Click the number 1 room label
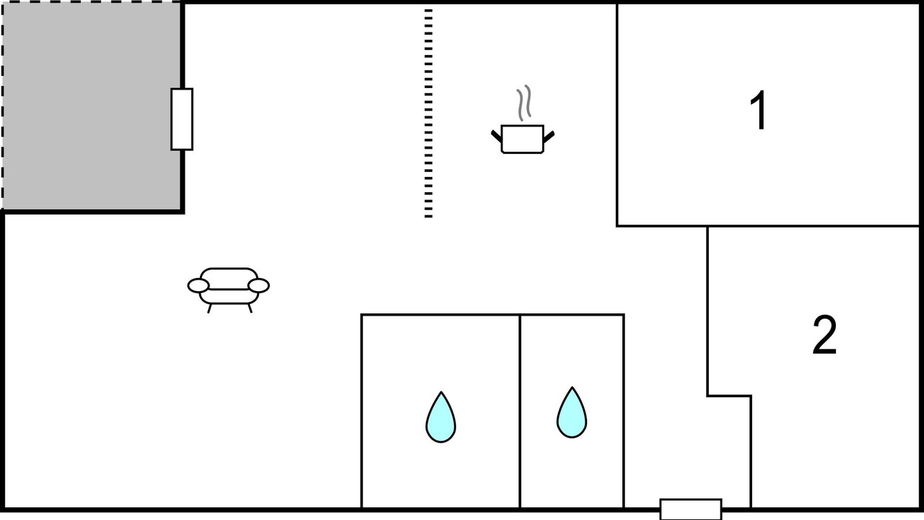(758, 112)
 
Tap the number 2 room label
(824, 336)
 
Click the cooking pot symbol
(522, 139)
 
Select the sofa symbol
(228, 286)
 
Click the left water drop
(440, 418)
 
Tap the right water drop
(572, 414)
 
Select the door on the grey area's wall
(182, 119)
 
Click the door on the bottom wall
(691, 509)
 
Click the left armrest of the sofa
(198, 286)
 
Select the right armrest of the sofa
(259, 286)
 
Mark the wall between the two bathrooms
(520, 412)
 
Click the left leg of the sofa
(209, 308)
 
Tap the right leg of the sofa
(250, 308)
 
